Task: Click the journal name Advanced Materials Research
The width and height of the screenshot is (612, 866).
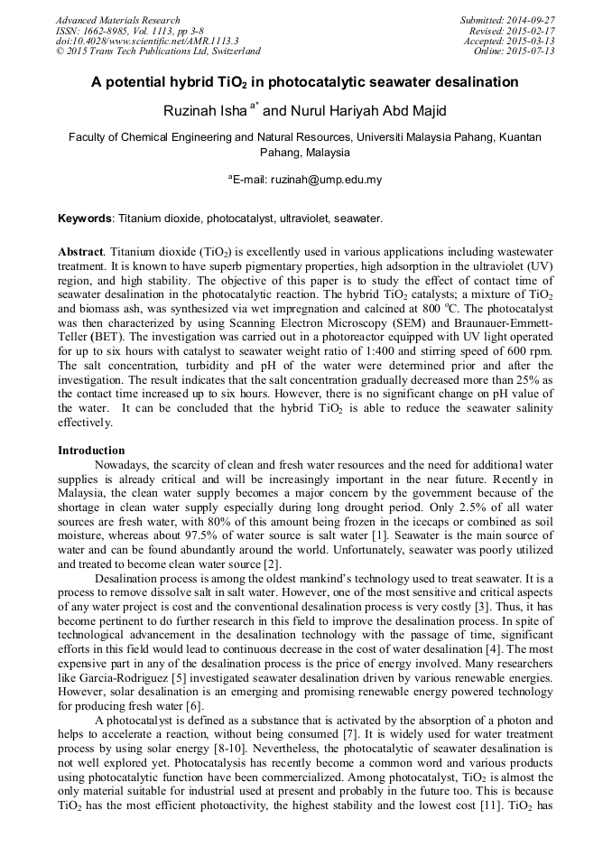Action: click(118, 20)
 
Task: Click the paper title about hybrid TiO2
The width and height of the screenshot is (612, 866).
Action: click(305, 82)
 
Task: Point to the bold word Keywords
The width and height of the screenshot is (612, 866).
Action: click(86, 219)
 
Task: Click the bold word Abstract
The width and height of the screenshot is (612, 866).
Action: click(81, 250)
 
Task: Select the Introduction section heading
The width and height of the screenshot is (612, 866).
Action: click(91, 450)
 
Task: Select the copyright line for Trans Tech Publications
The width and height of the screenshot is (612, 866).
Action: click(158, 51)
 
